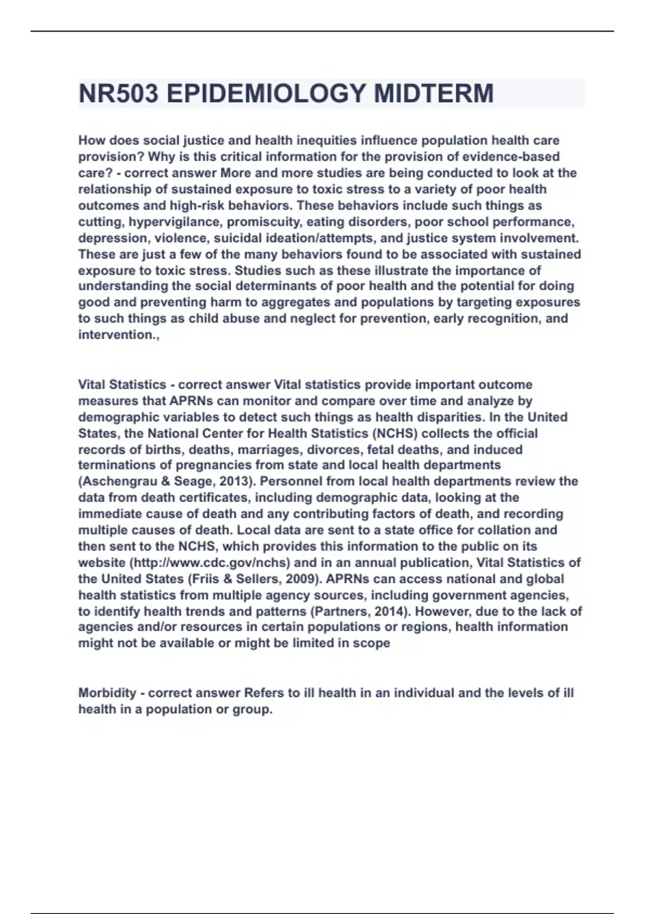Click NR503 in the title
point(118,94)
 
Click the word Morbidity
point(107,693)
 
